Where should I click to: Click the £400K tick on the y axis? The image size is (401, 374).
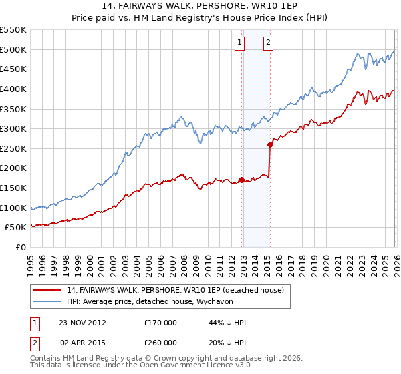click(13, 89)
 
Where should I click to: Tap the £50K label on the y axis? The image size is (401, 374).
click(15, 228)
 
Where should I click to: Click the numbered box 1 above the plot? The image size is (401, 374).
click(239, 43)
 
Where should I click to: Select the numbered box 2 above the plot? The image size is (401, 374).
click(268, 43)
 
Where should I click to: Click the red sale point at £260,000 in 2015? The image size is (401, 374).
click(270, 144)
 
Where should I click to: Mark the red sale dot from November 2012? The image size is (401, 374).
click(241, 180)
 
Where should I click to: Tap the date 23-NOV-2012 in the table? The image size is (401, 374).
click(83, 323)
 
